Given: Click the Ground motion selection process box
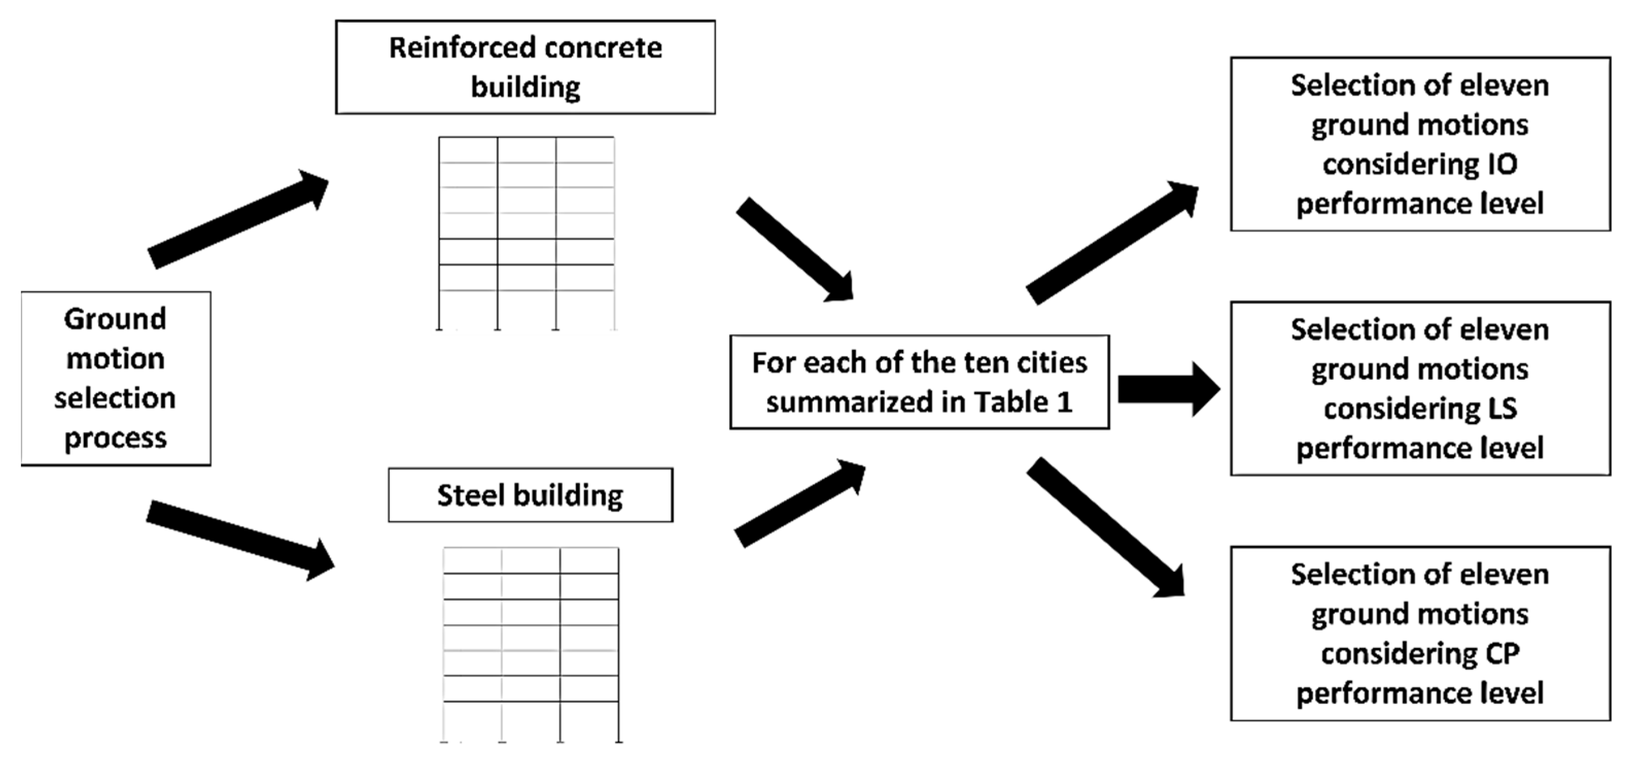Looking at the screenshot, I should (x=116, y=379).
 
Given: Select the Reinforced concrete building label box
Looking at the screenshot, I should (x=525, y=67).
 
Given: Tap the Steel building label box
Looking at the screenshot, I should (x=530, y=495).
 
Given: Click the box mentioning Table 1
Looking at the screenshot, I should (x=919, y=382).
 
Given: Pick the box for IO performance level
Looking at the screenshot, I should (x=1420, y=144).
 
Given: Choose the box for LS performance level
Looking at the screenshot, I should (x=1420, y=389).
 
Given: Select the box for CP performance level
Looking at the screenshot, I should (x=1420, y=633).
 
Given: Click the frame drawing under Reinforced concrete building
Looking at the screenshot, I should (x=527, y=233).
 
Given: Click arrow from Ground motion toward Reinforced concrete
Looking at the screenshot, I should (x=238, y=219).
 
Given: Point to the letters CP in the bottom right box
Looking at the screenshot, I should (x=1501, y=653).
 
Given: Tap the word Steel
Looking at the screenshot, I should (x=470, y=495).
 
